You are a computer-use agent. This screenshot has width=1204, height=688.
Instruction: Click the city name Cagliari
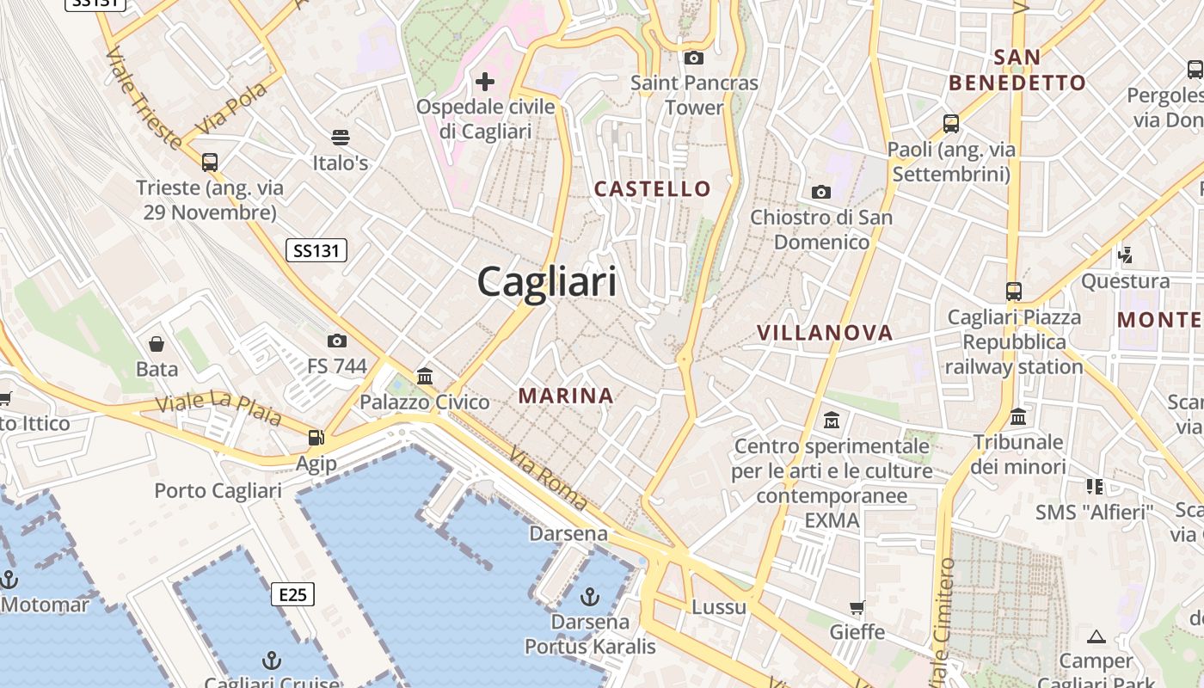click(547, 281)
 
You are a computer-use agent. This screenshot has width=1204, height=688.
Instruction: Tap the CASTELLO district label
click(654, 188)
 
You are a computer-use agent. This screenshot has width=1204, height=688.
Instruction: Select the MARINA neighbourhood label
click(566, 396)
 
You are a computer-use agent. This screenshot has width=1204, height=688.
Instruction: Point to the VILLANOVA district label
click(825, 333)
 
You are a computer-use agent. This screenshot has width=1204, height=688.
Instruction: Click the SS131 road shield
click(316, 250)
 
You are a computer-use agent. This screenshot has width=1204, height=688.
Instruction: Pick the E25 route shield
click(292, 593)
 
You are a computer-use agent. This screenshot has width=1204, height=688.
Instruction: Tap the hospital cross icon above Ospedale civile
click(485, 82)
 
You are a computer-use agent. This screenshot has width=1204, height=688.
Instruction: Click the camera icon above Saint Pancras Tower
click(693, 58)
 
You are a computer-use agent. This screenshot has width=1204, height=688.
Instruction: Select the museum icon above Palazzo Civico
click(424, 376)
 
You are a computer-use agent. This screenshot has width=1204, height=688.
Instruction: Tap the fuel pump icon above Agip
click(316, 438)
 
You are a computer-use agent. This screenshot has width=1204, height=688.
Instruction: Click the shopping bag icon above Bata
click(157, 344)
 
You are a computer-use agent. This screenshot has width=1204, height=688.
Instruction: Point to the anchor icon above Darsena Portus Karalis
click(590, 595)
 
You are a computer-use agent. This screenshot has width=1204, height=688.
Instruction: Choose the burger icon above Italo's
click(341, 138)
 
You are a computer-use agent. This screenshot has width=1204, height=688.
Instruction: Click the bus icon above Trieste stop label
click(209, 162)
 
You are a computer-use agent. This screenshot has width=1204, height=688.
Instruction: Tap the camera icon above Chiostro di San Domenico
click(821, 192)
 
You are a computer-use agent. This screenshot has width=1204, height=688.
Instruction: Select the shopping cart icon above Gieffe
click(857, 607)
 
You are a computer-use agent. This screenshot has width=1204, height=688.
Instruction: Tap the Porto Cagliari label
click(218, 491)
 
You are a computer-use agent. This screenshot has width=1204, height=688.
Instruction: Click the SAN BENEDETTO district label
click(1017, 71)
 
